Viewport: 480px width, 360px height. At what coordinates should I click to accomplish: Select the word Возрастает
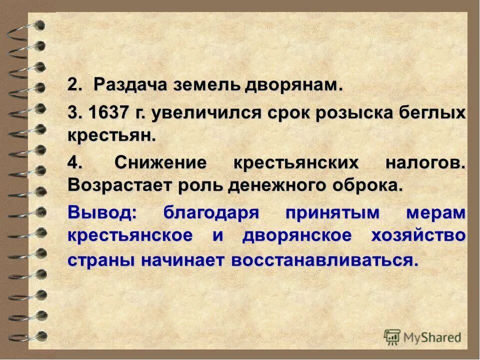tap(119, 185)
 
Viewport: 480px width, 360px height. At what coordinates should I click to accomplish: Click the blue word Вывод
tap(101, 211)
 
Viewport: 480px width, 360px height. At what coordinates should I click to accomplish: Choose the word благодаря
tap(211, 212)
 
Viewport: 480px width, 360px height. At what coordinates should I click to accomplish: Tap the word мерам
tap(436, 212)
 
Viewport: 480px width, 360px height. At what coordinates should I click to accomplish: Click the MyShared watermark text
tap(431, 337)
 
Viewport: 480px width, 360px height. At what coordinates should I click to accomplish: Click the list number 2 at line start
tap(73, 85)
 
